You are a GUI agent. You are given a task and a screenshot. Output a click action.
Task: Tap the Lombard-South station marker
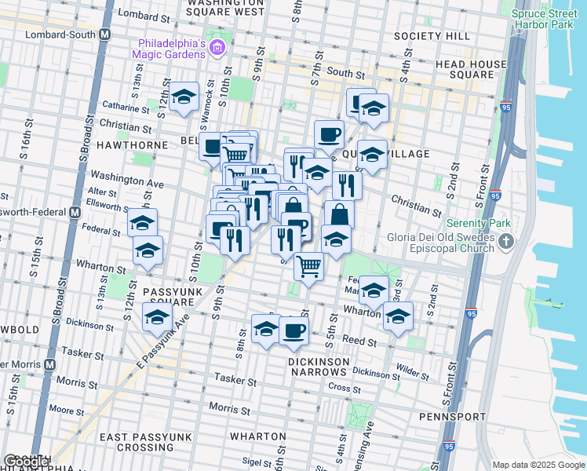point(104,35)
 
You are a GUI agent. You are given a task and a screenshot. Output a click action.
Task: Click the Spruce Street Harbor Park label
point(548,19)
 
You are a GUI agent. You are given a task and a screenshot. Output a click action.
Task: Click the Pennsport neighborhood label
point(448,414)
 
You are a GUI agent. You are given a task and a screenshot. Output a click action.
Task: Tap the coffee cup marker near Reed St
point(293,330)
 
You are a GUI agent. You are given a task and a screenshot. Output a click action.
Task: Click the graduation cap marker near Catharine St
point(184,98)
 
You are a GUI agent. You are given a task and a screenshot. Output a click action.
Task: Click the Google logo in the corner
point(27,461)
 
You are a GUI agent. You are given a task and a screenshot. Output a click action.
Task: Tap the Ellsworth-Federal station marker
point(75,212)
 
